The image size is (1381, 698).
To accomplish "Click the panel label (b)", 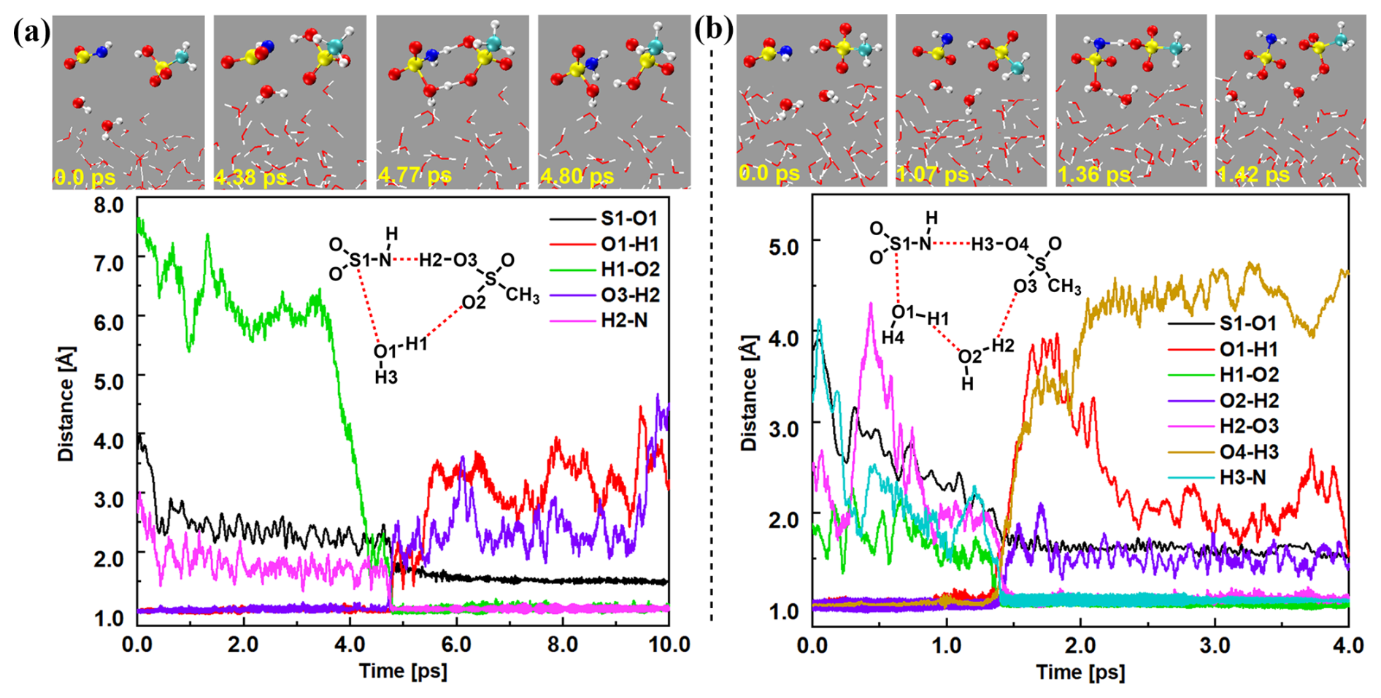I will pyautogui.click(x=713, y=30).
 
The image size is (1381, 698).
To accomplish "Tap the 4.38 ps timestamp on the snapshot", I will pyautogui.click(x=250, y=177).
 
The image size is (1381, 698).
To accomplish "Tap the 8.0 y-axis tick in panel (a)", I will pyautogui.click(x=109, y=205).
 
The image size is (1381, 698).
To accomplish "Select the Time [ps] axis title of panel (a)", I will pyautogui.click(x=402, y=670).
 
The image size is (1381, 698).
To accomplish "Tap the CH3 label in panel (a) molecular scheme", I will pyautogui.click(x=523, y=295).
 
